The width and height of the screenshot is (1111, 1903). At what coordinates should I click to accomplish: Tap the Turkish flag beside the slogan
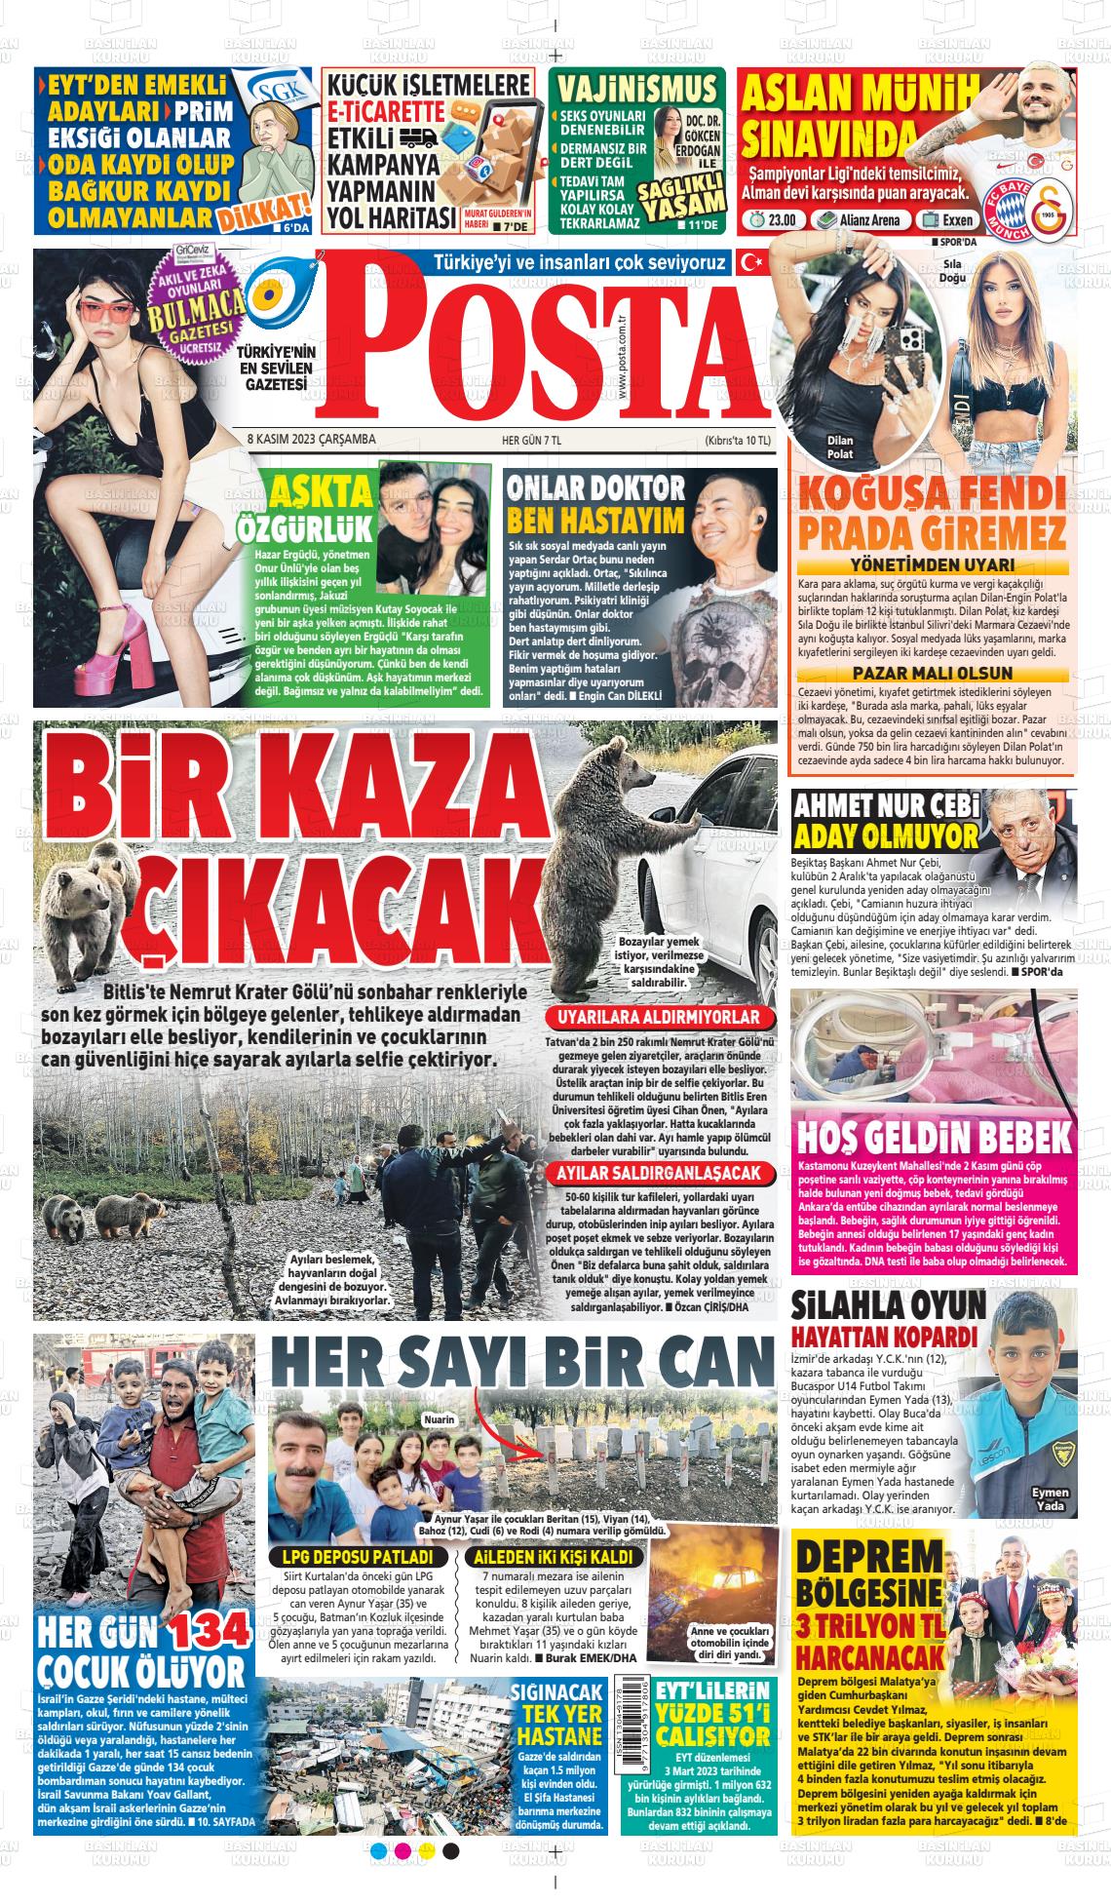751,261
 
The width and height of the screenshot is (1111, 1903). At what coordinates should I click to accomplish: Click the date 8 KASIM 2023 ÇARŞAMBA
304,440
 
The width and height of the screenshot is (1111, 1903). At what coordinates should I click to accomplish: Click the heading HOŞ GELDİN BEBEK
933,1138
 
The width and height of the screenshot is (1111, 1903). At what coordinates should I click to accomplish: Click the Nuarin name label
439,1419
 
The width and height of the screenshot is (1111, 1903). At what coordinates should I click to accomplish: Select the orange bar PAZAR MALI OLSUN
932,673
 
